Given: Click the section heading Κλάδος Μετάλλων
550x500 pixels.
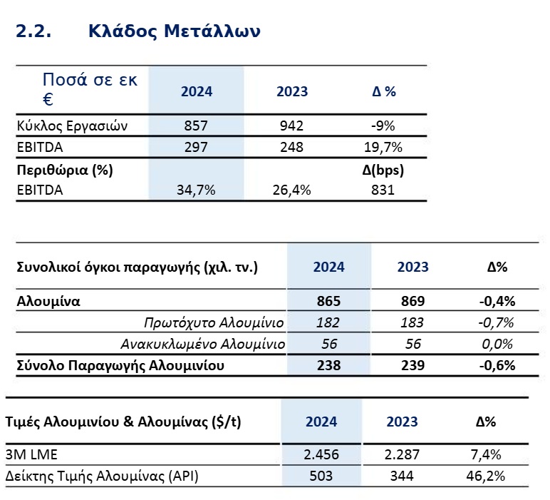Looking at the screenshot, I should (x=175, y=31).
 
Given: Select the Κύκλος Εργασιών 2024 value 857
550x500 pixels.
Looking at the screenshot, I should (x=195, y=126).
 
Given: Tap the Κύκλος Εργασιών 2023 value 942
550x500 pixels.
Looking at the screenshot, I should (x=291, y=126).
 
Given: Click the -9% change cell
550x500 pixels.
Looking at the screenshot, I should (x=383, y=126).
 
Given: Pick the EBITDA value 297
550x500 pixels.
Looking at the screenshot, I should (x=195, y=148).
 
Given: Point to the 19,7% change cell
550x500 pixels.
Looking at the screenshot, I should (x=383, y=148).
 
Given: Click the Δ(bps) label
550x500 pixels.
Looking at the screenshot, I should (x=383, y=170).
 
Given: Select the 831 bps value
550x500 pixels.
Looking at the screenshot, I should (x=383, y=190).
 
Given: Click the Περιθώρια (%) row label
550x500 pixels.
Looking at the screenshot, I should (x=65, y=170).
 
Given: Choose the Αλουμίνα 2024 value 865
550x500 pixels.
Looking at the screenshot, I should (x=329, y=300).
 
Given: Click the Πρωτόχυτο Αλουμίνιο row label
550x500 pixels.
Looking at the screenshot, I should (x=214, y=322).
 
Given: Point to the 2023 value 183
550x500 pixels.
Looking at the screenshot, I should (x=412, y=322).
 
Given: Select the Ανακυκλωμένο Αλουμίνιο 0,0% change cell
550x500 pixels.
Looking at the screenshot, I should (x=497, y=345).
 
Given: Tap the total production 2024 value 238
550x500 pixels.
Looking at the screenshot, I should (x=329, y=367).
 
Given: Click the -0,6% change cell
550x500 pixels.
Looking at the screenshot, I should (x=497, y=367).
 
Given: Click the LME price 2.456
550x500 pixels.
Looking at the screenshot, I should (x=321, y=454).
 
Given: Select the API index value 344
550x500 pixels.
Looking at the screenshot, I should (x=402, y=476).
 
